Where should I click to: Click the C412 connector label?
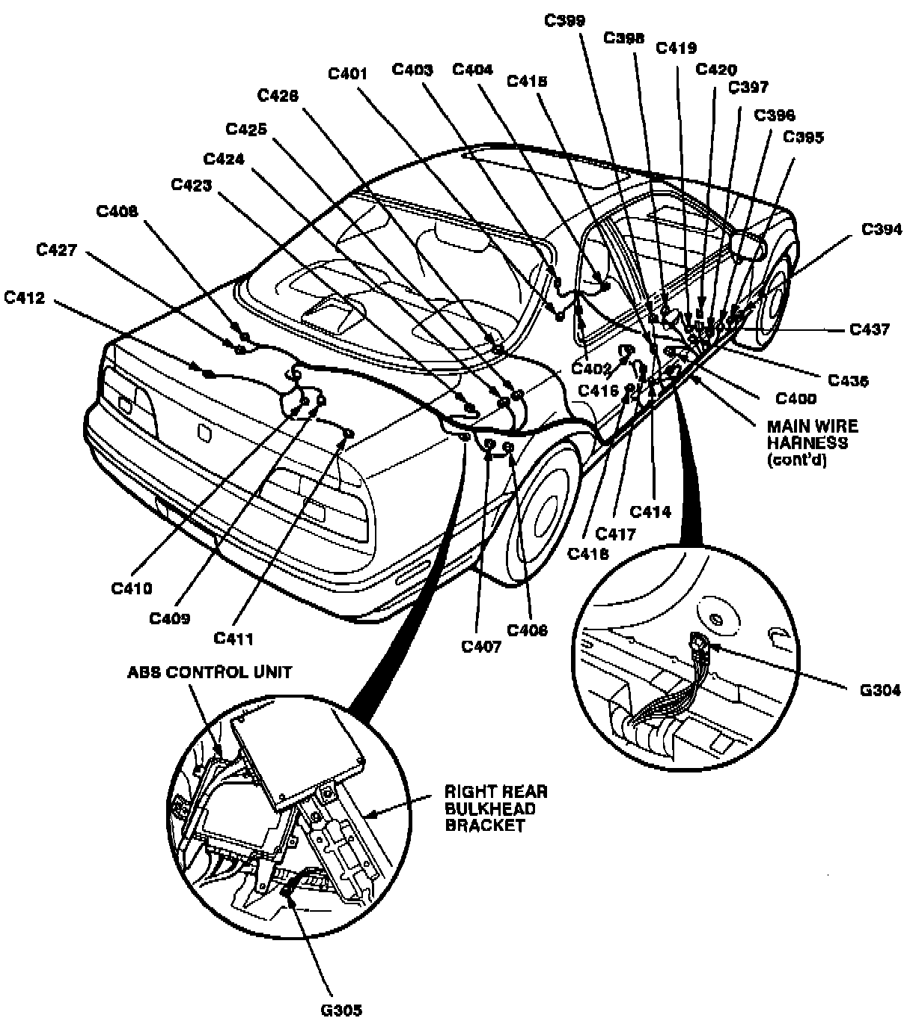(x=24, y=299)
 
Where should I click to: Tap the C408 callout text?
(x=117, y=213)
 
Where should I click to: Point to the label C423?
(x=191, y=184)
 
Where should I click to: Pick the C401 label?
(x=348, y=73)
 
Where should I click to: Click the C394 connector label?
(x=881, y=229)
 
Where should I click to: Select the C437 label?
(x=870, y=329)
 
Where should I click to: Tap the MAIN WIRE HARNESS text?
(x=812, y=442)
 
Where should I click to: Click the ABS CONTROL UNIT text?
(x=210, y=671)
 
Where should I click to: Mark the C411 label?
(x=233, y=638)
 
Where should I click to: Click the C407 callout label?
(x=480, y=646)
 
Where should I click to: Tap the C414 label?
(x=650, y=512)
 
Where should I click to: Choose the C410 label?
(x=132, y=588)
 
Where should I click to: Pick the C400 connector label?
(x=796, y=399)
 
